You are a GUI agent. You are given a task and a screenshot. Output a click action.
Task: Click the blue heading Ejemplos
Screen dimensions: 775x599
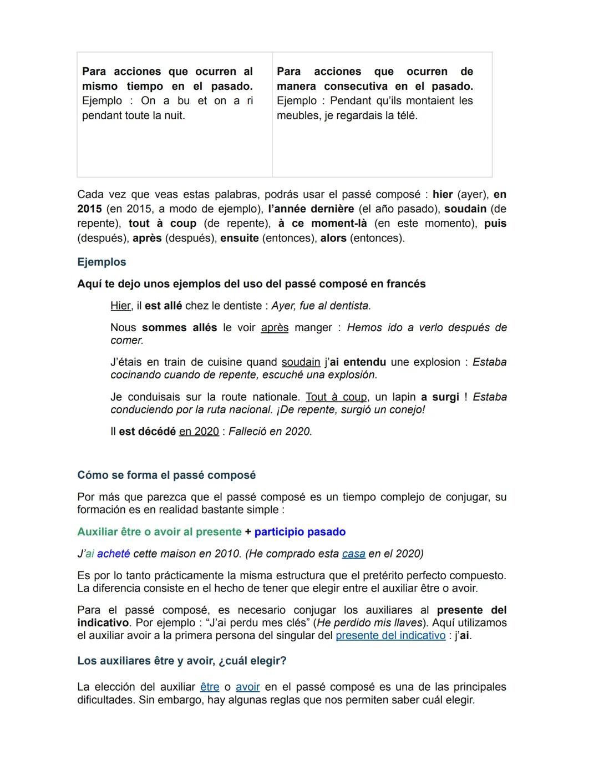[x=101, y=262]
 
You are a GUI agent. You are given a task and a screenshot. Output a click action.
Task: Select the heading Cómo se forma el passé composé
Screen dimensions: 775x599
[x=166, y=475]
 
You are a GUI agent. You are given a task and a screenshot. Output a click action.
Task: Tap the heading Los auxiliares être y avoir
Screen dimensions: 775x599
[x=181, y=661]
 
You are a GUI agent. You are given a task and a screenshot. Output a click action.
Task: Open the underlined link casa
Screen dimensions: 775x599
[x=353, y=554]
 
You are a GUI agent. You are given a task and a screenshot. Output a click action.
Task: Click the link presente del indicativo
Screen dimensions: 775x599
[x=390, y=635]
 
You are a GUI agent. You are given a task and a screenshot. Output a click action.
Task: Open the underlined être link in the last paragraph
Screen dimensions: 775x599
[x=210, y=687]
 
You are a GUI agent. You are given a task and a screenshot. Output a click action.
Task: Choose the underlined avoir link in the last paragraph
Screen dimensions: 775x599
[x=247, y=687]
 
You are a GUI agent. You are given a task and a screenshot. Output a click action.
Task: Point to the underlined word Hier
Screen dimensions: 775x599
[x=120, y=306]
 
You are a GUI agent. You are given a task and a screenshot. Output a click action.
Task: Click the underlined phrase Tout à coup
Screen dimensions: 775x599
[x=336, y=397]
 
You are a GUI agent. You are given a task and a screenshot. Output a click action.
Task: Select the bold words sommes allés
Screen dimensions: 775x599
[x=179, y=327]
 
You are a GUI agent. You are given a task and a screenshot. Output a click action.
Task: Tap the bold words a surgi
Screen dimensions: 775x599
[x=440, y=397]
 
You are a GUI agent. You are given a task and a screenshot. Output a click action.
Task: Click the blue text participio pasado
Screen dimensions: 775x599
[x=299, y=531]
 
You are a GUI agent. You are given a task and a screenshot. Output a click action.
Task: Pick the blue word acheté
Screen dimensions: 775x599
[x=114, y=554]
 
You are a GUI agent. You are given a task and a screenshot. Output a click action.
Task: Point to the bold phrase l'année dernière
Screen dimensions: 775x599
[x=311, y=209]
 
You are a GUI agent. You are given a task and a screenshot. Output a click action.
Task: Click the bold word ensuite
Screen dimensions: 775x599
[x=239, y=238]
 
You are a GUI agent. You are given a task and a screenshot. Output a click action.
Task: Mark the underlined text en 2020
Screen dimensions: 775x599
[x=199, y=431]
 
